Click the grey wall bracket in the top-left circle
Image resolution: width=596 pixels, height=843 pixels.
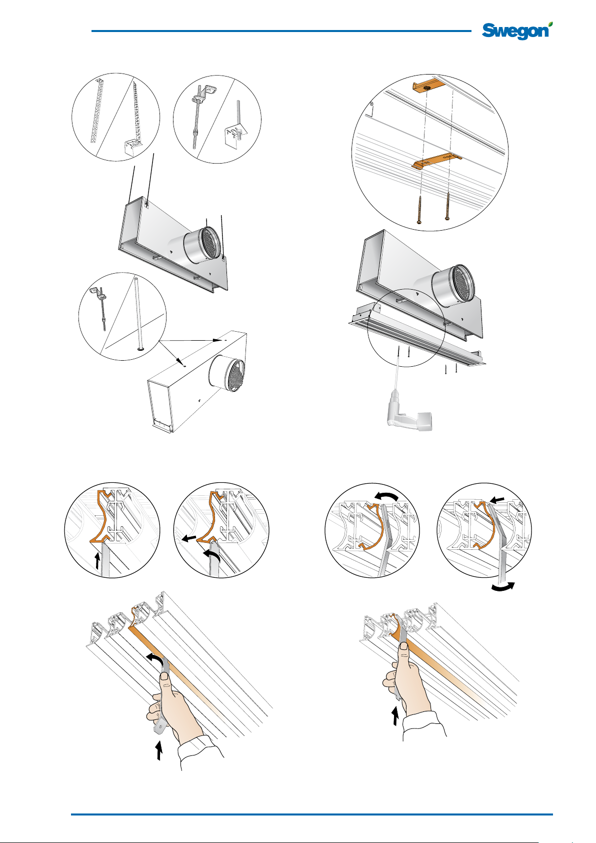132,146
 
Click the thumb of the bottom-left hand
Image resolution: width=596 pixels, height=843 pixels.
164,678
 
